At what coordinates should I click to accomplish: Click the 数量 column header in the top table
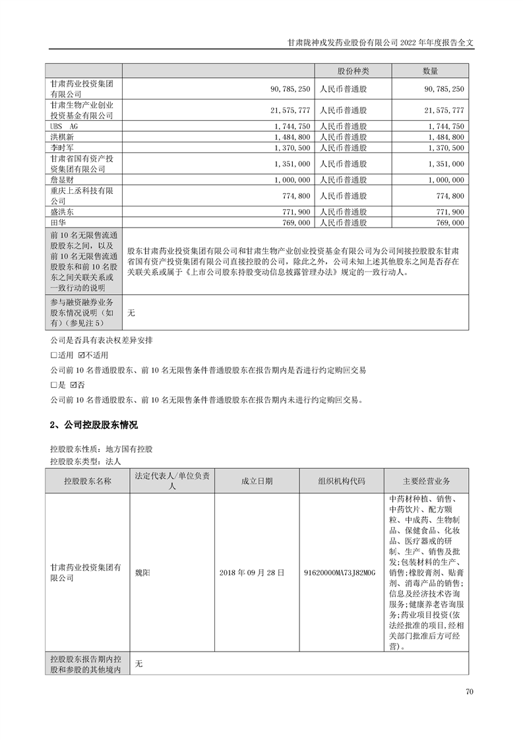pyautogui.click(x=431, y=71)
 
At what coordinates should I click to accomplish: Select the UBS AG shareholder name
pyautogui.click(x=64, y=126)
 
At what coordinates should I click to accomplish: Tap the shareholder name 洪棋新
pyautogui.click(x=61, y=137)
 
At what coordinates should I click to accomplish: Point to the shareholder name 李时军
pyautogui.click(x=61, y=148)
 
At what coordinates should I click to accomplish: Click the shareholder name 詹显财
pyautogui.click(x=61, y=180)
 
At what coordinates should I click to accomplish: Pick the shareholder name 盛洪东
pyautogui.click(x=61, y=212)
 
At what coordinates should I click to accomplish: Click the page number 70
pyautogui.click(x=469, y=692)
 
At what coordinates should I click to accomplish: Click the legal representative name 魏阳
pyautogui.click(x=142, y=572)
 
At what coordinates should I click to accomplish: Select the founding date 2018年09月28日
pyautogui.click(x=253, y=572)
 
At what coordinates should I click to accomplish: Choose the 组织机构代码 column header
pyautogui.click(x=341, y=481)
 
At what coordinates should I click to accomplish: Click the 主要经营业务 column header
pyautogui.click(x=426, y=481)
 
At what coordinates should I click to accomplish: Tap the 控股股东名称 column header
pyautogui.click(x=87, y=481)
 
